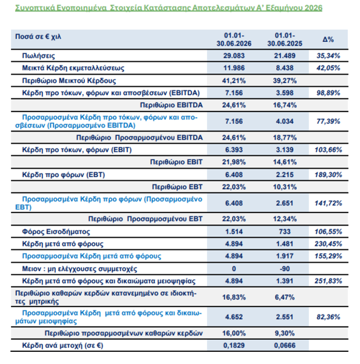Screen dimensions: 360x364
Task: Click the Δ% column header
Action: click(328, 39)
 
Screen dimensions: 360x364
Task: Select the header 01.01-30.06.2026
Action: click(234, 39)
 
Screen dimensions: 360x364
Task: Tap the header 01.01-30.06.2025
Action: click(285, 39)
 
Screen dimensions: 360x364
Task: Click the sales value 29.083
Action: click(234, 56)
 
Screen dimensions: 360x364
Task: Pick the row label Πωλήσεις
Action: click(39, 56)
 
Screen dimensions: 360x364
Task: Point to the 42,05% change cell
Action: click(328, 68)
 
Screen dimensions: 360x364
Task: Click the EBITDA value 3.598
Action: click(285, 93)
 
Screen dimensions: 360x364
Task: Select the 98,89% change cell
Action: click(328, 93)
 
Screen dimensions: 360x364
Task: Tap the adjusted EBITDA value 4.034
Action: click(285, 121)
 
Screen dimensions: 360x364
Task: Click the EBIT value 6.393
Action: click(234, 150)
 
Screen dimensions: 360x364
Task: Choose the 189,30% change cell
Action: click(328, 175)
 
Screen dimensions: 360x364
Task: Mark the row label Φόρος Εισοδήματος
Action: click(56, 232)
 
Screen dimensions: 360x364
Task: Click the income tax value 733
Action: click(285, 232)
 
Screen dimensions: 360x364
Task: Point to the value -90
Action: click(285, 269)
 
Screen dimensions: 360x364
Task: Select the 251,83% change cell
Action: click(328, 281)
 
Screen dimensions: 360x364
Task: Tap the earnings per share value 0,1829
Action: click(234, 345)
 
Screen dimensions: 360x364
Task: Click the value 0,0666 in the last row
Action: click(285, 345)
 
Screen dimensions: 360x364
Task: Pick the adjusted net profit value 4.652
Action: click(234, 317)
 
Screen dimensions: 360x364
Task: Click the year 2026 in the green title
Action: click(313, 8)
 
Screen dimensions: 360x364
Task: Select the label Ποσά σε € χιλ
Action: click(38, 36)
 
